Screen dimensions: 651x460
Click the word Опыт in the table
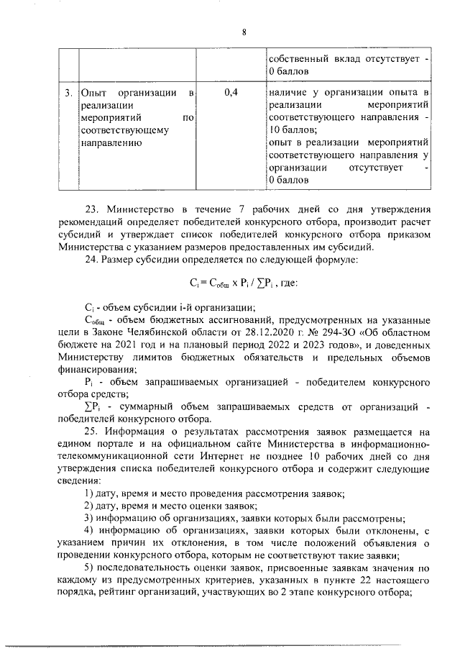pos(95,93)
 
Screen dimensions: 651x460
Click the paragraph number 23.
pos(93,209)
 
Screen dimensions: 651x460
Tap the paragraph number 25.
pos(93,432)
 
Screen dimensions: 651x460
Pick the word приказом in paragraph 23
pos(408,234)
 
